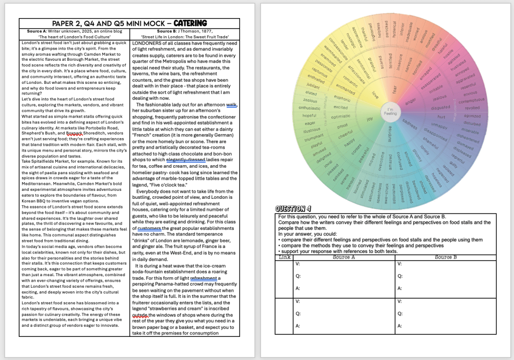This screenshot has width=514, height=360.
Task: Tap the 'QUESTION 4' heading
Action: pyautogui.click(x=293, y=209)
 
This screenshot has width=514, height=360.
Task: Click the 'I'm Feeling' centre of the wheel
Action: pyautogui.click(x=390, y=111)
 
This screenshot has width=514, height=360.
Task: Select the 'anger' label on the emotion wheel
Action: pyautogui.click(x=411, y=102)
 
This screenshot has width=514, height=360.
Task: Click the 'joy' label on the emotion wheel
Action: pyautogui.click(x=370, y=119)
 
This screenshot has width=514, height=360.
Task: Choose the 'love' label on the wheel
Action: pyautogui.click(x=374, y=94)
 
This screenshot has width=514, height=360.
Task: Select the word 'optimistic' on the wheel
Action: pyautogui.click(x=341, y=116)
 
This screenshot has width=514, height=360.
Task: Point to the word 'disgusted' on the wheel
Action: pyautogui.click(x=440, y=107)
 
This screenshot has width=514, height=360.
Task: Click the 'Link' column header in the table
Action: pyautogui.click(x=284, y=257)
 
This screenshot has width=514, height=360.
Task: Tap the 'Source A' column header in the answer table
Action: pyautogui.click(x=344, y=257)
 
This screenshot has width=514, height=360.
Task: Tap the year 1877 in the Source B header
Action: pyautogui.click(x=206, y=31)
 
